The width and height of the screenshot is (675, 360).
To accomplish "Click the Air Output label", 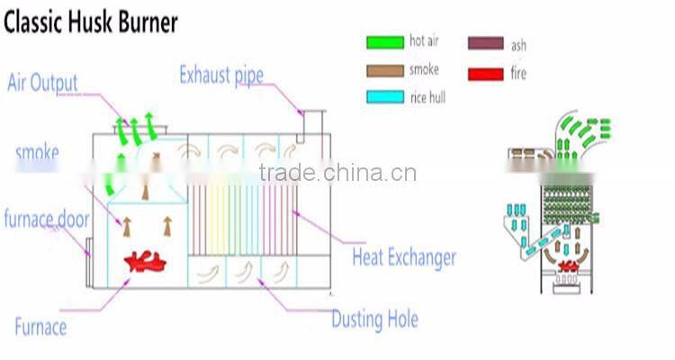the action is [x=42, y=84].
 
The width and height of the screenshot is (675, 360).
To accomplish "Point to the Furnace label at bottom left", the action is [x=40, y=325].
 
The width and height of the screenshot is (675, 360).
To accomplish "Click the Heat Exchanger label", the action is [x=403, y=258].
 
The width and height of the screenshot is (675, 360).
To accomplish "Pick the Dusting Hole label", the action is [x=374, y=319].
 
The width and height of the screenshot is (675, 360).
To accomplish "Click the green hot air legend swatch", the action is [x=384, y=42].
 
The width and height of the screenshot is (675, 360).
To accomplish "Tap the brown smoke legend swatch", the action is [x=384, y=69].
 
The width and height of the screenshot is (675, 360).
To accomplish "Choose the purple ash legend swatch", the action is [x=485, y=42].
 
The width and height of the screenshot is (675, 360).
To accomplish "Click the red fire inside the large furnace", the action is [x=147, y=262].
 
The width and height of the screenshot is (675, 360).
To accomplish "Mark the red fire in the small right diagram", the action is [x=568, y=265].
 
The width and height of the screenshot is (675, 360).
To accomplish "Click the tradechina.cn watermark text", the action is [x=337, y=173].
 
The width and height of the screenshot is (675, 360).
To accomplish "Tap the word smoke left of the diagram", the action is [x=37, y=152].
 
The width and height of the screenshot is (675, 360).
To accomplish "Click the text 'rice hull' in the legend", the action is [x=427, y=96].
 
